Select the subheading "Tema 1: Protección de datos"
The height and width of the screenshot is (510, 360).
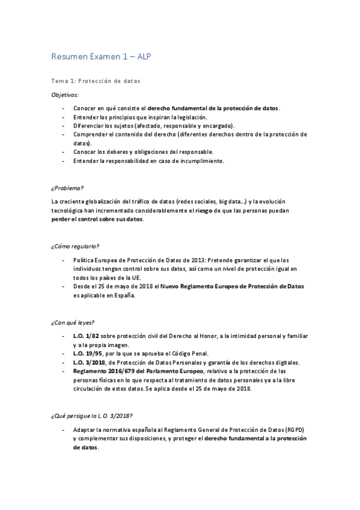[x=95, y=81]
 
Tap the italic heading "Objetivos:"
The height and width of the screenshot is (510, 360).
[x=64, y=94]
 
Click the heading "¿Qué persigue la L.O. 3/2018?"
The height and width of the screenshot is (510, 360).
[x=91, y=416]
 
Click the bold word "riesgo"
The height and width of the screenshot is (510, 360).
[x=203, y=210]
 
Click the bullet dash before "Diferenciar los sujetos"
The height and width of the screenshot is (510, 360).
[x=64, y=126]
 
